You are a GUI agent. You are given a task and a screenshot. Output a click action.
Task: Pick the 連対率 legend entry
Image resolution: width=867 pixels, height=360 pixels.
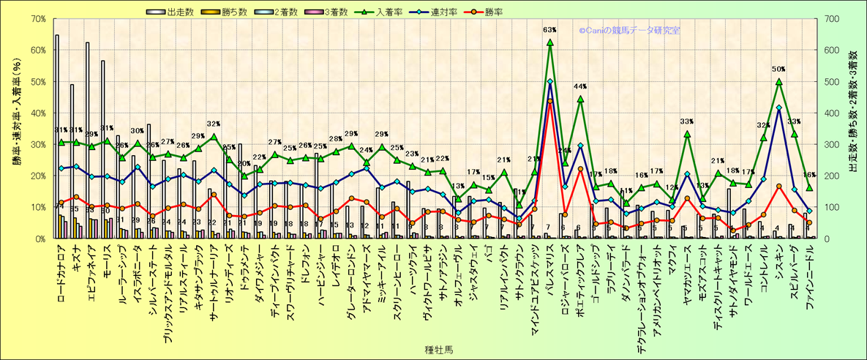point(452,12)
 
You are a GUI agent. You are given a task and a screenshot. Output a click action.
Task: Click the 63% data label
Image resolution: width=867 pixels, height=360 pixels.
point(550,31)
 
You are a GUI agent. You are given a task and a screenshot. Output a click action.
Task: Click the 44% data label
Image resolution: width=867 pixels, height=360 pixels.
point(581,88)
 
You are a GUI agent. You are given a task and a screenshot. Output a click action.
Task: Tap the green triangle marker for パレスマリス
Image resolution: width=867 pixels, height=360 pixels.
point(550,42)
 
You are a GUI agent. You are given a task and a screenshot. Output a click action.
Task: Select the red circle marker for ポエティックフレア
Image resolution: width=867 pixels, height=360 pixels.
point(580,169)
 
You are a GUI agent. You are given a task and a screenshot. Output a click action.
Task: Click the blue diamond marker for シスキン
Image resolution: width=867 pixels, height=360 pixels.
point(779,108)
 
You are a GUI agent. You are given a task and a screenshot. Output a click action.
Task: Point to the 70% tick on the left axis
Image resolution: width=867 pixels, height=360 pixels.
point(37,19)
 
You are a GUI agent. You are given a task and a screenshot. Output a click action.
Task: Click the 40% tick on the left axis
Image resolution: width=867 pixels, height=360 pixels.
point(37,113)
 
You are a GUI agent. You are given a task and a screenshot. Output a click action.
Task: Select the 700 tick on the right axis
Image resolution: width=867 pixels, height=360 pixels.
point(830,19)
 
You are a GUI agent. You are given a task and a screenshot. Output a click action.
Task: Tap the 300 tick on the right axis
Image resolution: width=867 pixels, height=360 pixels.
point(830,145)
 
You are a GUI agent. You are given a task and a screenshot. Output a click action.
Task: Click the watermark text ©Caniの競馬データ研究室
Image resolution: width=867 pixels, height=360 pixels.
point(629,31)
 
